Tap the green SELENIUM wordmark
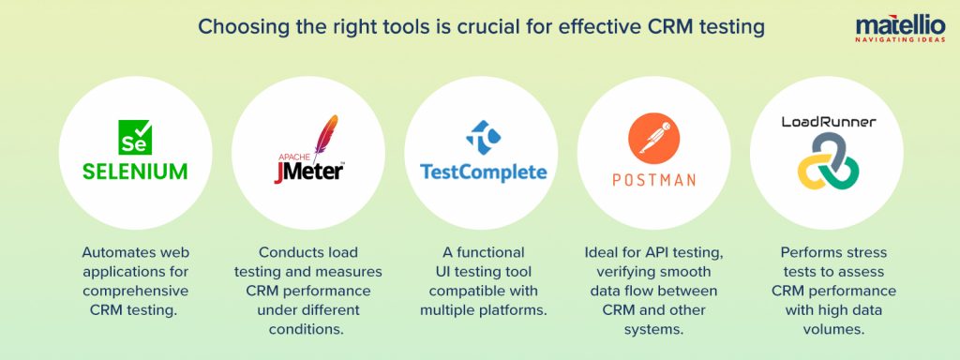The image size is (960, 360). [135, 172]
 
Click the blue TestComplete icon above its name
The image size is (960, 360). [483, 136]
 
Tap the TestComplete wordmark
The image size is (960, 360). [483, 172]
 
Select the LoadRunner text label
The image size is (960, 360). [829, 122]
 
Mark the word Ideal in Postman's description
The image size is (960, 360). [601, 252]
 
